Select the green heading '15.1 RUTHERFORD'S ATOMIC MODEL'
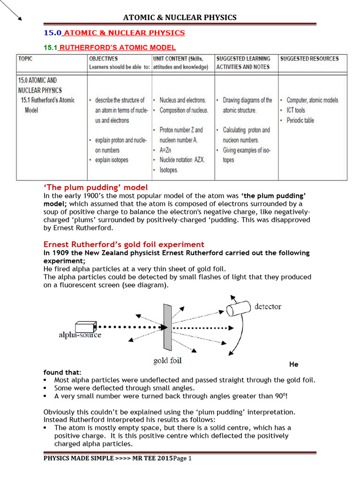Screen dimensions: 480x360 110,47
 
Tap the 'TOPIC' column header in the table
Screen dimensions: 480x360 26,59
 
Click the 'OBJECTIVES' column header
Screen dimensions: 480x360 104,59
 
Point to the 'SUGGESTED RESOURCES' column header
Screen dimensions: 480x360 309,59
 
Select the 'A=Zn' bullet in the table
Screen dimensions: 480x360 167,150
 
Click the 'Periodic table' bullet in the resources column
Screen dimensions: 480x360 300,120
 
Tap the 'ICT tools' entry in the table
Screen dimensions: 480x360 295,110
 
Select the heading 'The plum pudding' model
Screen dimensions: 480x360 96,187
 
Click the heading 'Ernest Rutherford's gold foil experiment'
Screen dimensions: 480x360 124,244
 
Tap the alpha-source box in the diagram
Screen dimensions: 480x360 85,326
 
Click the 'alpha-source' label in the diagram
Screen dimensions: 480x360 80,335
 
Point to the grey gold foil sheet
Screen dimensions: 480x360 167,327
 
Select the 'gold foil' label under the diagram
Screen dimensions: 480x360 167,360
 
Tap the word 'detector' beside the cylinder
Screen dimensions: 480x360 268,307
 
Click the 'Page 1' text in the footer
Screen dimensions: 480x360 183,458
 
